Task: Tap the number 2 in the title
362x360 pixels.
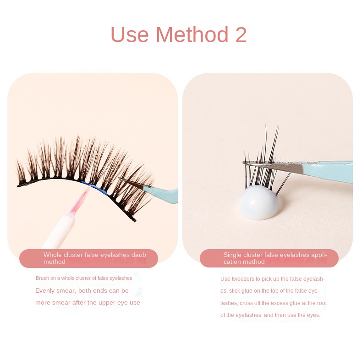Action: coord(241,35)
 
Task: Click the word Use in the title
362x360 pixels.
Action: coord(130,35)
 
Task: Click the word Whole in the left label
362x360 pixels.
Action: coord(52,255)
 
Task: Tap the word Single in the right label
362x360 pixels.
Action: coord(232,255)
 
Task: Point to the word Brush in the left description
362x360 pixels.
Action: coord(43,278)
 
